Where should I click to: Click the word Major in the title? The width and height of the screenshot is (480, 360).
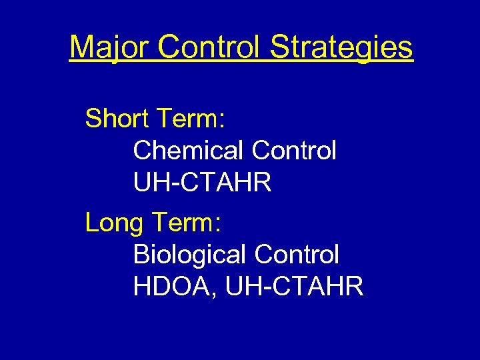(111, 47)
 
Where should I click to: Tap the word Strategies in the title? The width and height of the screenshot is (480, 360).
(341, 47)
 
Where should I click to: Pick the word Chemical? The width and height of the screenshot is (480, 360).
(189, 151)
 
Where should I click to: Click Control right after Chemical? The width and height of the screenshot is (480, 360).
(294, 151)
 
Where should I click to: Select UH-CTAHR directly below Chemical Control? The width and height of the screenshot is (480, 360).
(202, 182)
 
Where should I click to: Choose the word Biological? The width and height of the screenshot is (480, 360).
(191, 254)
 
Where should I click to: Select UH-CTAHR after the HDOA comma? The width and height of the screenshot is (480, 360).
(295, 286)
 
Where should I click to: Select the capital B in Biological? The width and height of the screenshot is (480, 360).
(141, 254)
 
